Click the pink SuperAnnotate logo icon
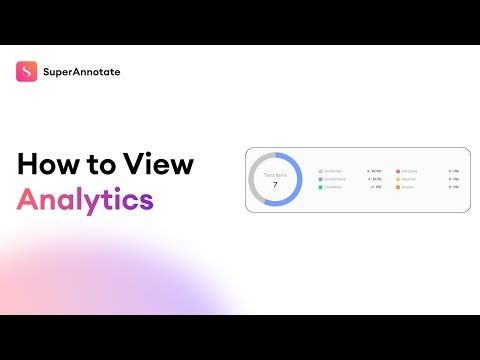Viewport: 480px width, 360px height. [x=27, y=72]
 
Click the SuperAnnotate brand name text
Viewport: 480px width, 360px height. [x=82, y=72]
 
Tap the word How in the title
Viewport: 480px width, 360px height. [x=50, y=165]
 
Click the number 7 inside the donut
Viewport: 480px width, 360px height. [x=274, y=186]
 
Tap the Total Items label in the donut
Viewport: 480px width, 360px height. [x=274, y=175]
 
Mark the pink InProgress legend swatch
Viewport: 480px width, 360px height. [x=398, y=171]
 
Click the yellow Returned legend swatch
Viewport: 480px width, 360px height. [x=398, y=179]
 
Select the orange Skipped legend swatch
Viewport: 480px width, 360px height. [x=398, y=187]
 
